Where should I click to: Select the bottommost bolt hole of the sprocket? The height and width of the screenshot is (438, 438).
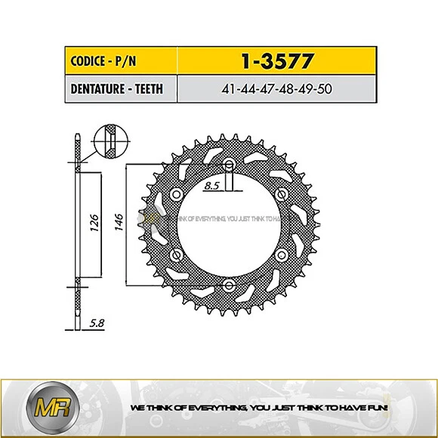229,285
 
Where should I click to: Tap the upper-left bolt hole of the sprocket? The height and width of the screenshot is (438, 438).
177,195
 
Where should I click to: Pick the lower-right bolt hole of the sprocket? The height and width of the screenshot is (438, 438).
280,254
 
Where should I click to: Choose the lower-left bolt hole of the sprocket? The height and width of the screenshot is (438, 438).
177,254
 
